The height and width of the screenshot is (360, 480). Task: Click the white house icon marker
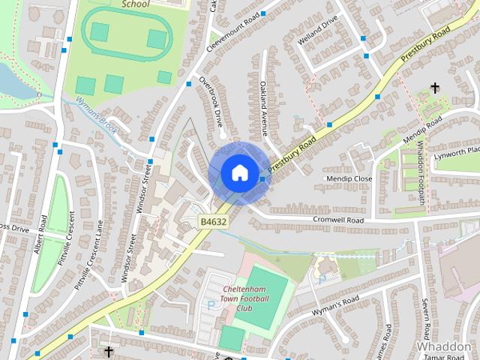tap(238, 172)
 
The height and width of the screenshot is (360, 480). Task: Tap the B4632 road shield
tap(214, 222)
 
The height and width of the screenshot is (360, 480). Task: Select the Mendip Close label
tap(348, 179)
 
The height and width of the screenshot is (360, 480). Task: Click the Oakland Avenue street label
tap(264, 109)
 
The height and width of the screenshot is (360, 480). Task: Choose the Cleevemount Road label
tap(232, 32)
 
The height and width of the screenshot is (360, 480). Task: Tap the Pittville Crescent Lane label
tap(91, 256)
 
